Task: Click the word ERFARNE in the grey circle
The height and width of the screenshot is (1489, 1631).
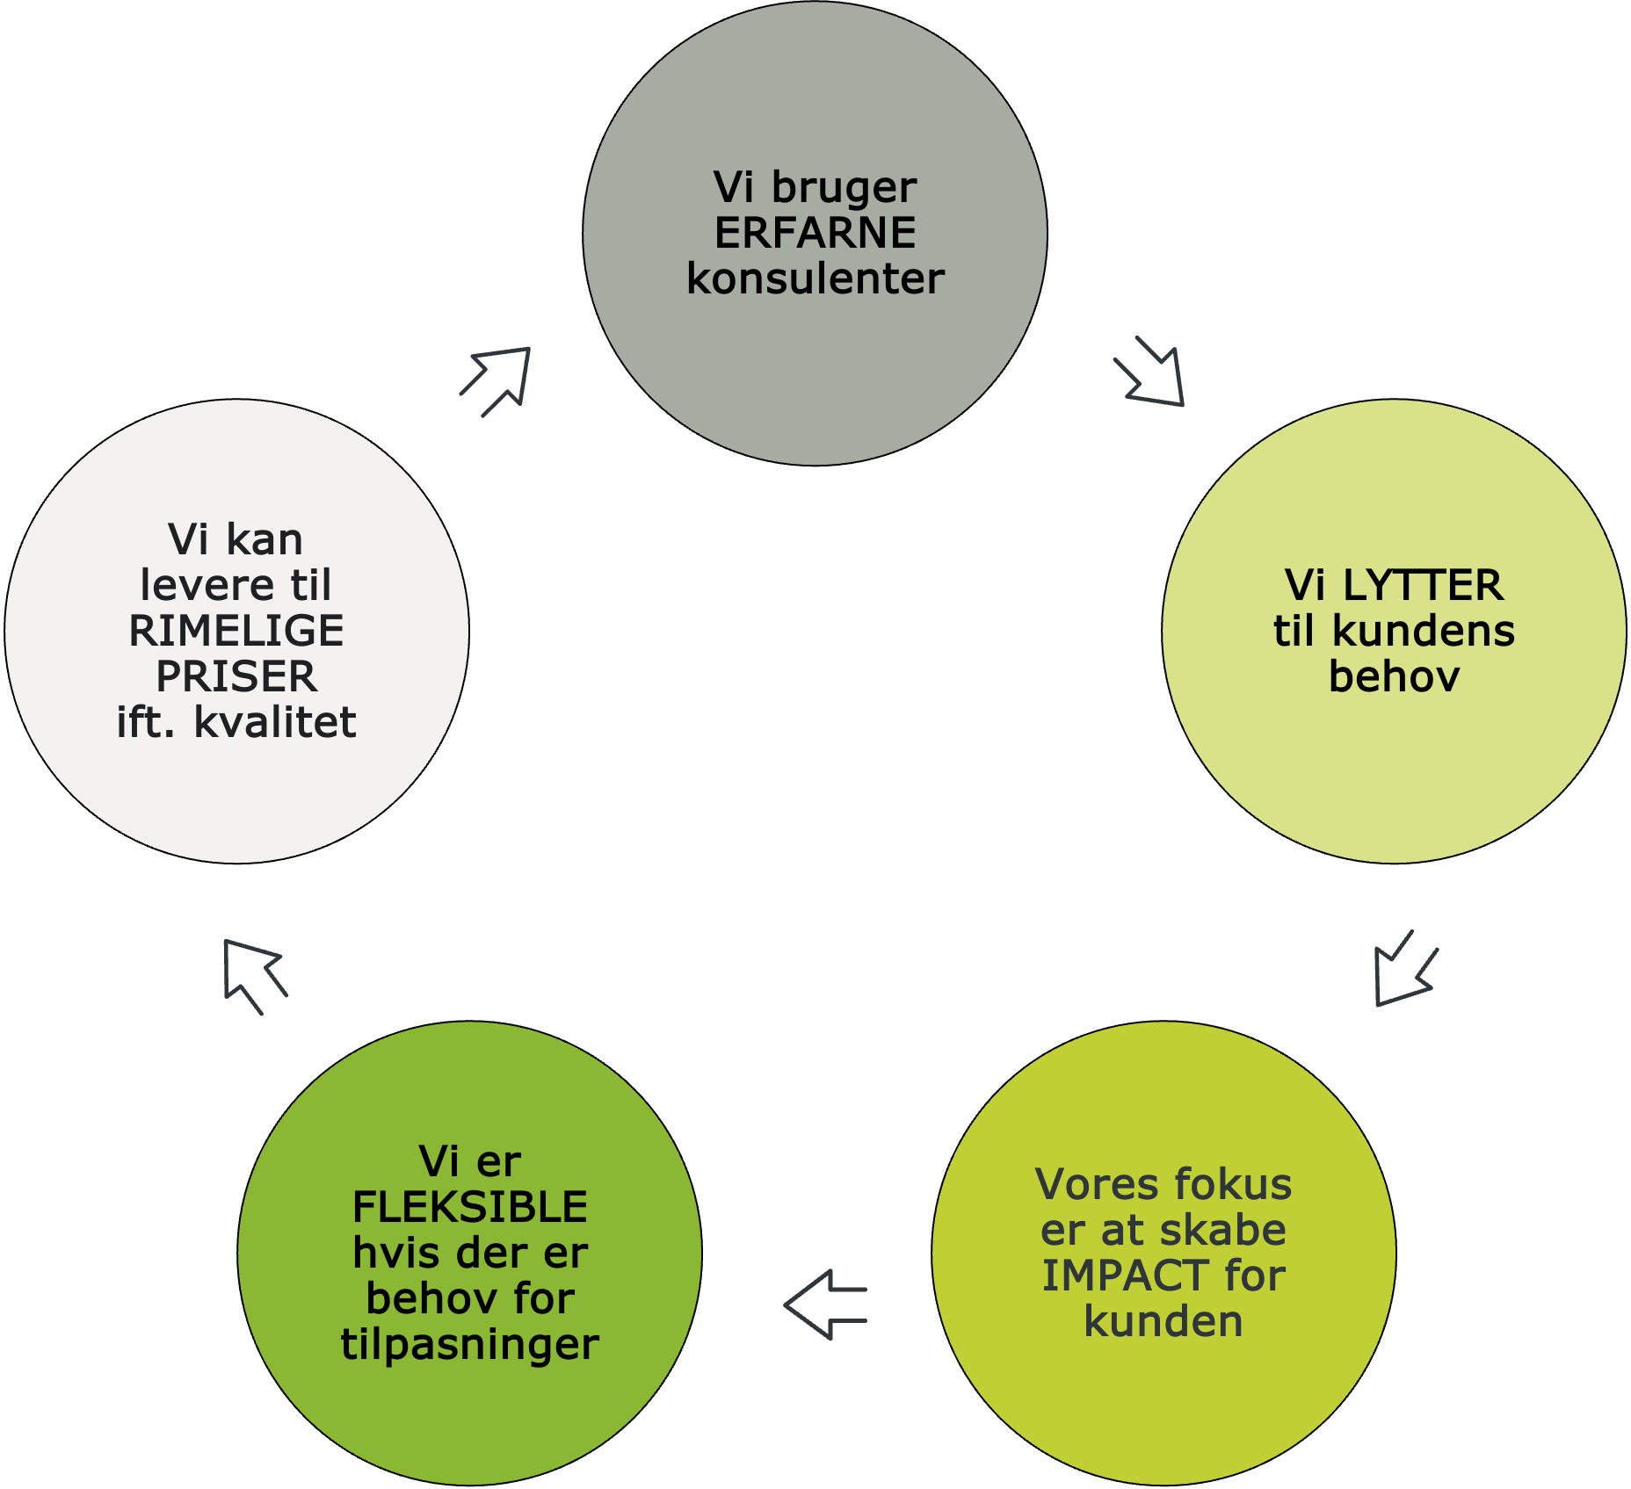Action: [815, 233]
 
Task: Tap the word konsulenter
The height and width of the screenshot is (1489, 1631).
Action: [815, 278]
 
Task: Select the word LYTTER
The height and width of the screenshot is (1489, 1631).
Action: [1423, 586]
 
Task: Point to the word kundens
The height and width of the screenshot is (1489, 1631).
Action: [1424, 631]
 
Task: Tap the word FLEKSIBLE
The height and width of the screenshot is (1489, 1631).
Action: [469, 1207]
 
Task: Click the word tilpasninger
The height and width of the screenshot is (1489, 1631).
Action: [469, 1344]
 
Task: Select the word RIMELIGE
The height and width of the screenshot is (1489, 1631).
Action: [236, 631]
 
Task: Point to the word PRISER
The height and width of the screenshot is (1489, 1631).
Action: [236, 676]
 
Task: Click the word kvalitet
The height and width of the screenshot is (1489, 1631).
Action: [274, 722]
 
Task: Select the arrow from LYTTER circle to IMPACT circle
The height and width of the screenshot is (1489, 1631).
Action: [1403, 971]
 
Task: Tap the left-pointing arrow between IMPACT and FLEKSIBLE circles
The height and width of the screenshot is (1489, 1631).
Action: [824, 1305]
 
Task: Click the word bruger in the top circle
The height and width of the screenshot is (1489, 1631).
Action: [844, 187]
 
